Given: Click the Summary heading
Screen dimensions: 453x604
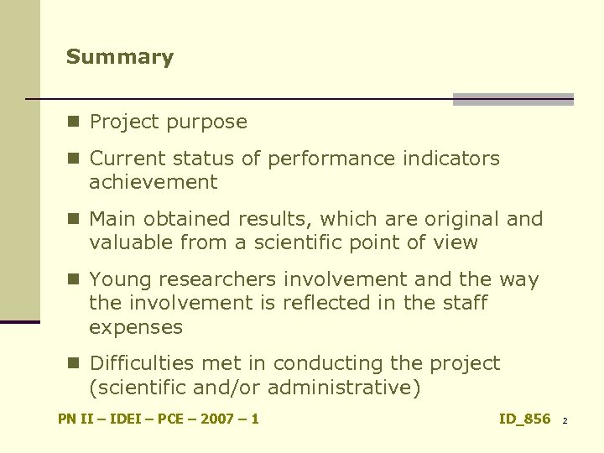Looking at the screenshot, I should click(120, 57).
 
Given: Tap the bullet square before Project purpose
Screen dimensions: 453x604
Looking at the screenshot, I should click(74, 122).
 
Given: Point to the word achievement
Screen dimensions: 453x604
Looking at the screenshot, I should click(154, 181).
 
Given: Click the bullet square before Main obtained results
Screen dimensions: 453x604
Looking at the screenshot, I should click(74, 219).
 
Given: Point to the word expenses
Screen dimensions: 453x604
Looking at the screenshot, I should click(135, 326).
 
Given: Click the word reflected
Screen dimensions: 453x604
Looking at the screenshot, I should click(346, 303).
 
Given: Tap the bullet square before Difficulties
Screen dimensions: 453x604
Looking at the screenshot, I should click(74, 363).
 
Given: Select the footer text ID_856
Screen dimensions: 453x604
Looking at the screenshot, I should click(524, 419).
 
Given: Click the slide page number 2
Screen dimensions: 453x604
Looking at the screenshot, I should click(565, 420).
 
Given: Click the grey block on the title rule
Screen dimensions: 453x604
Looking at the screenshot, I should click(513, 99).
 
